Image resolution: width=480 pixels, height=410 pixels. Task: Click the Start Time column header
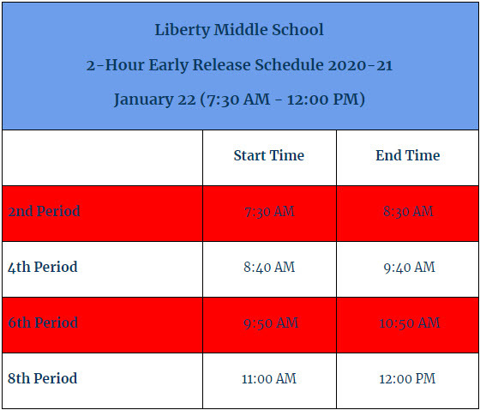point(269,156)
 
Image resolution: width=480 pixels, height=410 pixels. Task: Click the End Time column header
point(407,156)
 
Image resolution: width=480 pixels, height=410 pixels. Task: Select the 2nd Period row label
point(44,212)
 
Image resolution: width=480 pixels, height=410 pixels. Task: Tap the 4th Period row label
point(43,268)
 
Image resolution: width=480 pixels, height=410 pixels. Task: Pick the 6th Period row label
point(43,323)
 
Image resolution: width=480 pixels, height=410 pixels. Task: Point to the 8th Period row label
point(43,379)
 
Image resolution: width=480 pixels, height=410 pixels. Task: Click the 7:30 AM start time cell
point(269,212)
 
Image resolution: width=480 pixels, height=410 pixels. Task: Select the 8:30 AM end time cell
point(407,212)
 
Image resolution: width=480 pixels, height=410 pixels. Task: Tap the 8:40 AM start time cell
point(269,268)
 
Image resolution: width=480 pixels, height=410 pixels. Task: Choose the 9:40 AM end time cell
point(407,268)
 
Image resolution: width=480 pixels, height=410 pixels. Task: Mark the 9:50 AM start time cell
point(269,323)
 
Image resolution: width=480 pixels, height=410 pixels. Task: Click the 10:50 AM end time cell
point(407,323)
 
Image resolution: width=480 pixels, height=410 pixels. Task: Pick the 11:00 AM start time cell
point(269,379)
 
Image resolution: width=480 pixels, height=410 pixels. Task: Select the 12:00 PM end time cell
point(407,379)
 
